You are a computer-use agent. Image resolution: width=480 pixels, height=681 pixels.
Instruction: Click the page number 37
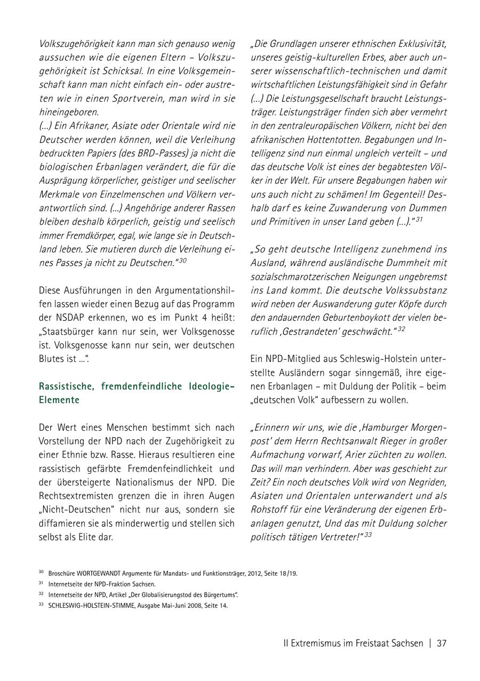[442, 643]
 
